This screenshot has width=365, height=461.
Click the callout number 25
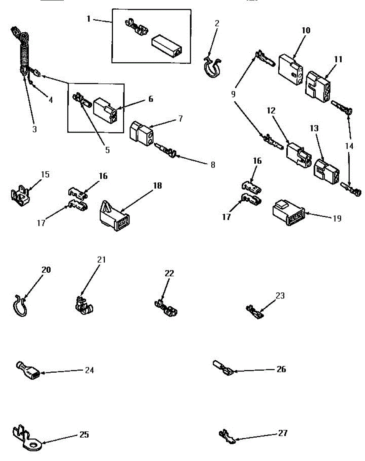[84, 434]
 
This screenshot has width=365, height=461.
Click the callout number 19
[337, 218]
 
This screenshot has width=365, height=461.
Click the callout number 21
[101, 260]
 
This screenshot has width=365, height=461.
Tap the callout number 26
[281, 369]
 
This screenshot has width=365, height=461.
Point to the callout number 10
[306, 30]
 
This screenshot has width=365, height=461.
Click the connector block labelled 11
[317, 86]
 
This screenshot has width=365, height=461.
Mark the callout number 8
[212, 165]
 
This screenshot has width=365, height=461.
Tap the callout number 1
[89, 18]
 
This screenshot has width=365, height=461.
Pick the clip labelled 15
[19, 192]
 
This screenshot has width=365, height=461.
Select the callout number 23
[280, 295]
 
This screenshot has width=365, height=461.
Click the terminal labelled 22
[166, 308]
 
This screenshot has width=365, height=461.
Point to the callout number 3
[35, 129]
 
